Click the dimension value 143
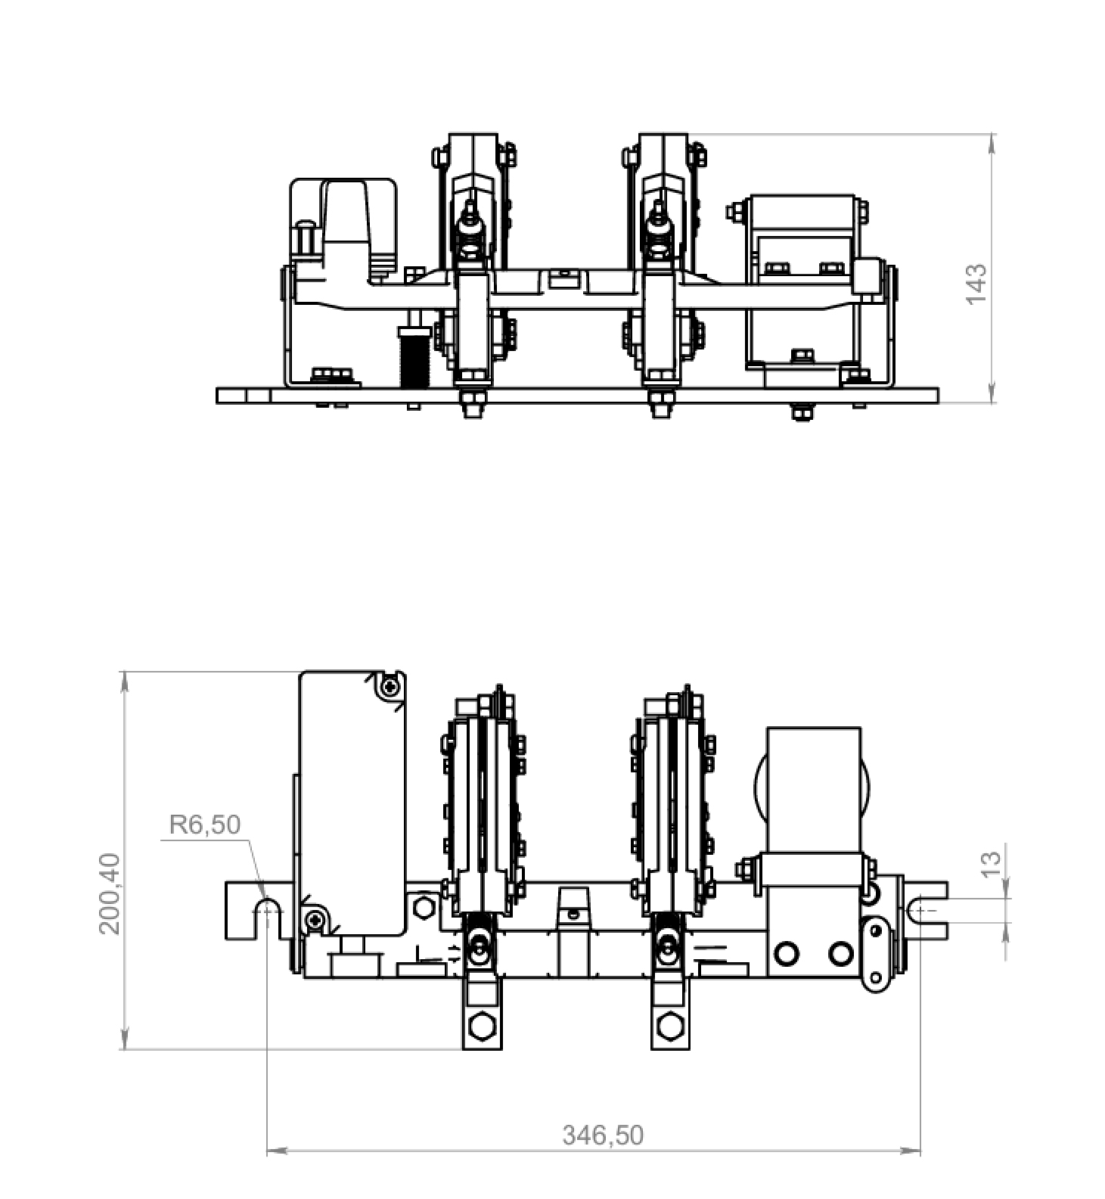pos(976,284)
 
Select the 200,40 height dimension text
pos(110,893)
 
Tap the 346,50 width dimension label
pos(603,1135)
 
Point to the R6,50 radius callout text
pos(204,824)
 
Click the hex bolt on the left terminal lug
pos(480,1027)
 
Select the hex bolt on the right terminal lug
pos(670,1027)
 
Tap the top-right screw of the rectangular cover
pos(390,687)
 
